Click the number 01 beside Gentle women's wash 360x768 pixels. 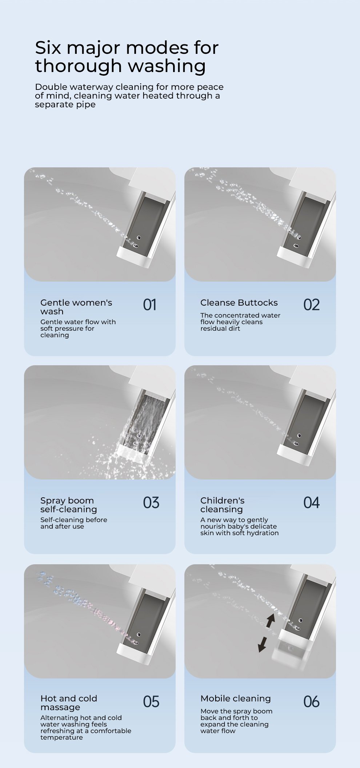(149, 305)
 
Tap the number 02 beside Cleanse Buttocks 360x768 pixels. (312, 305)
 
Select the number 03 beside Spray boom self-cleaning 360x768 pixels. (151, 503)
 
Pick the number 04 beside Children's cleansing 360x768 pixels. (312, 503)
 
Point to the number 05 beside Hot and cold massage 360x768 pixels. (151, 702)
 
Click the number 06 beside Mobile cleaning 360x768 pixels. (312, 702)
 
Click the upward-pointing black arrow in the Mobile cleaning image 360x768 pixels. (270, 621)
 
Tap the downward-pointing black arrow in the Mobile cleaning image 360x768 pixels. (262, 644)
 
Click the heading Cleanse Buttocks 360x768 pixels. (239, 303)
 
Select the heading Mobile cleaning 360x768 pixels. (236, 699)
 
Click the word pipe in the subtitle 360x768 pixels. (86, 105)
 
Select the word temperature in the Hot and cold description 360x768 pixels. (62, 737)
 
